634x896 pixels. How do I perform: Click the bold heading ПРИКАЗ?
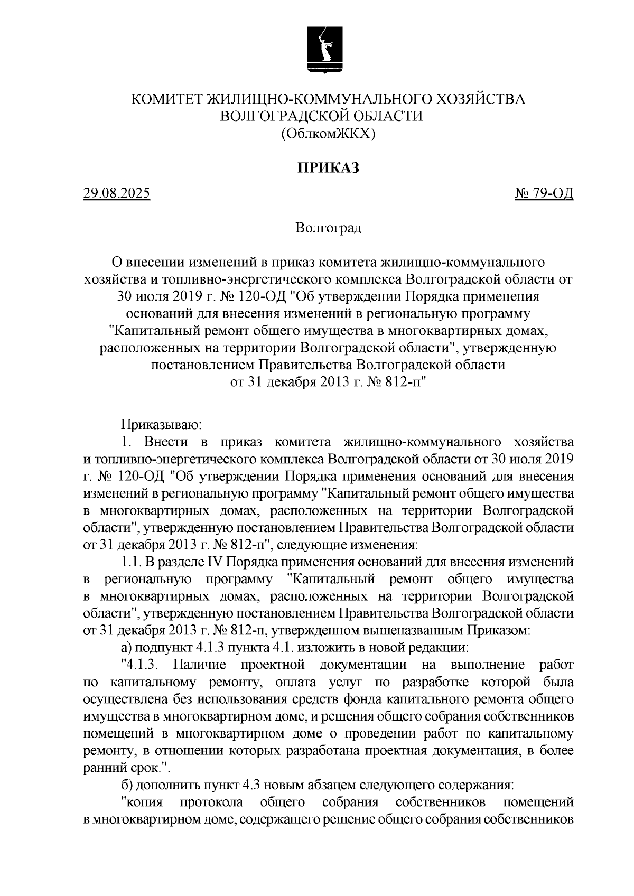[328, 168]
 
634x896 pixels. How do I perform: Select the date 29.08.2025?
[117, 194]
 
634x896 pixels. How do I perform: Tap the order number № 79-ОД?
[544, 194]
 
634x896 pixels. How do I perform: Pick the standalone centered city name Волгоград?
[328, 228]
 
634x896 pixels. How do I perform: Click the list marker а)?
[126, 647]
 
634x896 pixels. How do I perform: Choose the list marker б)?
[126, 785]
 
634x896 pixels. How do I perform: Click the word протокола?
[212, 802]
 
